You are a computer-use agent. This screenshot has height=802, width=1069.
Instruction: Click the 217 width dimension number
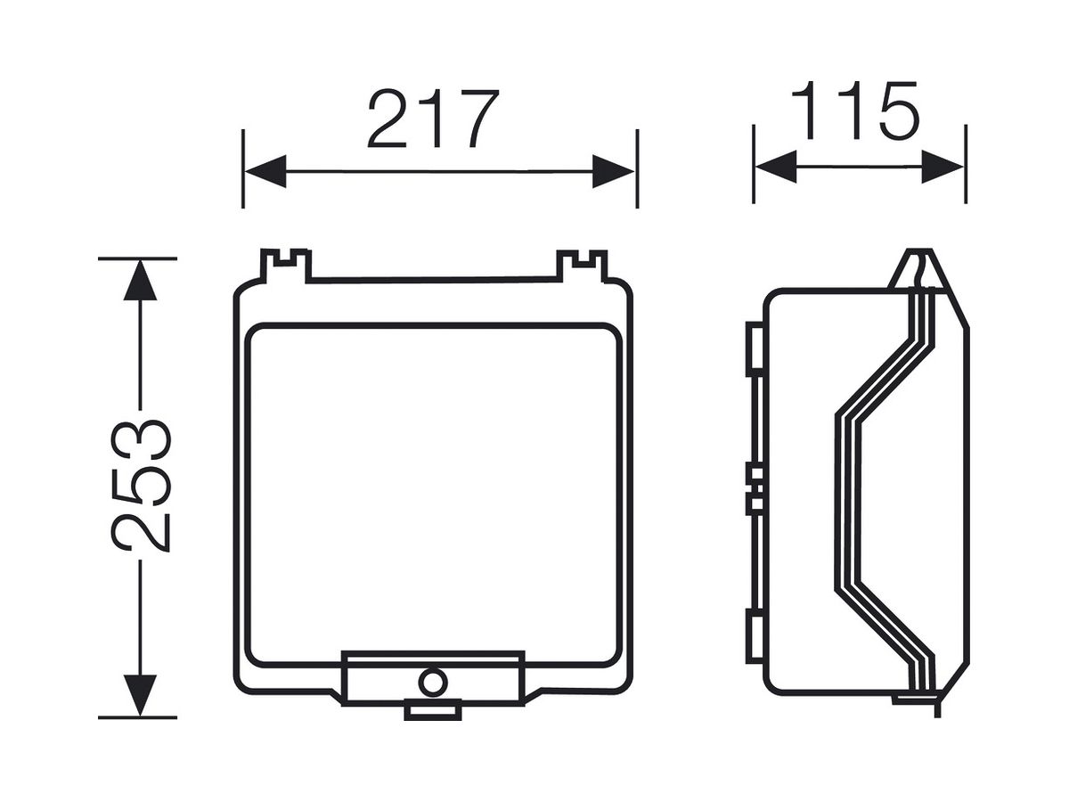click(433, 119)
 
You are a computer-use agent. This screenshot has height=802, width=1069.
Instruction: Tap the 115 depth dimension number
click(855, 110)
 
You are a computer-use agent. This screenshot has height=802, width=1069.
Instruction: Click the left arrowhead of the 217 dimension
click(265, 171)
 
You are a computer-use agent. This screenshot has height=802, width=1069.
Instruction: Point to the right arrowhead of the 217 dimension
click(613, 171)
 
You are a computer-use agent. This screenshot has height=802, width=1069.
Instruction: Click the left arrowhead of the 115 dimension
click(776, 167)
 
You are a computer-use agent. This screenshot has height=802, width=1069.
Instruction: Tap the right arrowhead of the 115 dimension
click(943, 167)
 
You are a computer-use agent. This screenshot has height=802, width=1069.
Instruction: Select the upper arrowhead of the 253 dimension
click(140, 280)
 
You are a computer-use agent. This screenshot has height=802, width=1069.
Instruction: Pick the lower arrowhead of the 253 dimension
click(140, 695)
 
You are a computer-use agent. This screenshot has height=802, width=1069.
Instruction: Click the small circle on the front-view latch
click(432, 683)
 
